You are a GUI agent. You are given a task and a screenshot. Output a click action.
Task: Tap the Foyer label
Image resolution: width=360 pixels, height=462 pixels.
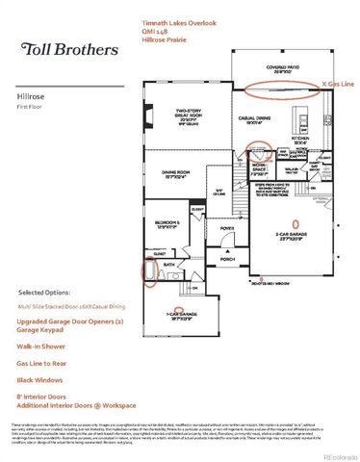click(x=227, y=228)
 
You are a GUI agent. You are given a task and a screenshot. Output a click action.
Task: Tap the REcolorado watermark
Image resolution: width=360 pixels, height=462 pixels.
click(x=338, y=453)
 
